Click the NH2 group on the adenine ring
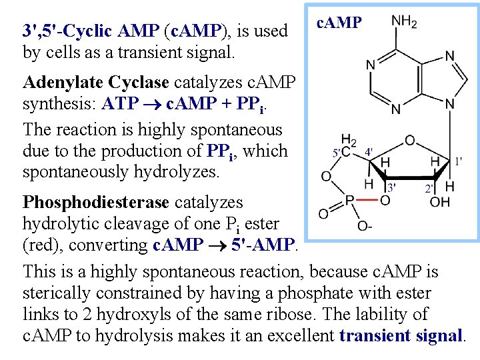tap(404, 22)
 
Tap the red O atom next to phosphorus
tap(385, 199)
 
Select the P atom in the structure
tap(349, 199)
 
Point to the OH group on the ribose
tap(441, 201)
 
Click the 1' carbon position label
tap(459, 161)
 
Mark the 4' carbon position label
tap(369, 151)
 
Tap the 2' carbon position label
tap(429, 189)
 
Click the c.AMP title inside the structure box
tap(339, 23)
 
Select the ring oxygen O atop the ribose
tap(409, 141)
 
